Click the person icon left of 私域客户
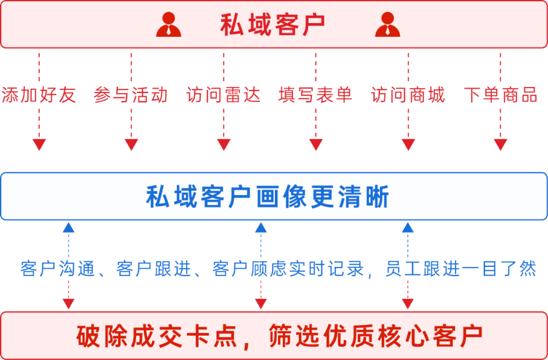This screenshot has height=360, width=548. tap(169, 24)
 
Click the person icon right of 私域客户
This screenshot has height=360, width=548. tap(387, 24)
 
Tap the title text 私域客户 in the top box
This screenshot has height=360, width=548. tap(272, 25)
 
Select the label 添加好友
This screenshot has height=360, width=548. tap(39, 95)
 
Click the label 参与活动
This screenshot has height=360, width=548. tap(131, 95)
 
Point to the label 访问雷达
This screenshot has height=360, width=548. tap(223, 95)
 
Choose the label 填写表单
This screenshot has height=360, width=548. tap(316, 95)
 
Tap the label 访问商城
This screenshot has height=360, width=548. tap(408, 95)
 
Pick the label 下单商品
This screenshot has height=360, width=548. tap(501, 95)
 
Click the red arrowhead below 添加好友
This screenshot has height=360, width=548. tap(39, 144)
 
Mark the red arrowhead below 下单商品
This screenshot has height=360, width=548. tap(501, 144)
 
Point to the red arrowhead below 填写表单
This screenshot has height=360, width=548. tap(316, 144)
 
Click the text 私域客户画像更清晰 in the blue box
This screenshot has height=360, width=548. tap(268, 197)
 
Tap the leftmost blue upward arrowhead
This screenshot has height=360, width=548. tap(69, 227)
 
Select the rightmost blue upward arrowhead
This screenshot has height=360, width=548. tap(408, 227)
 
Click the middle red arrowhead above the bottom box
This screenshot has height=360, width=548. tap(261, 303)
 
